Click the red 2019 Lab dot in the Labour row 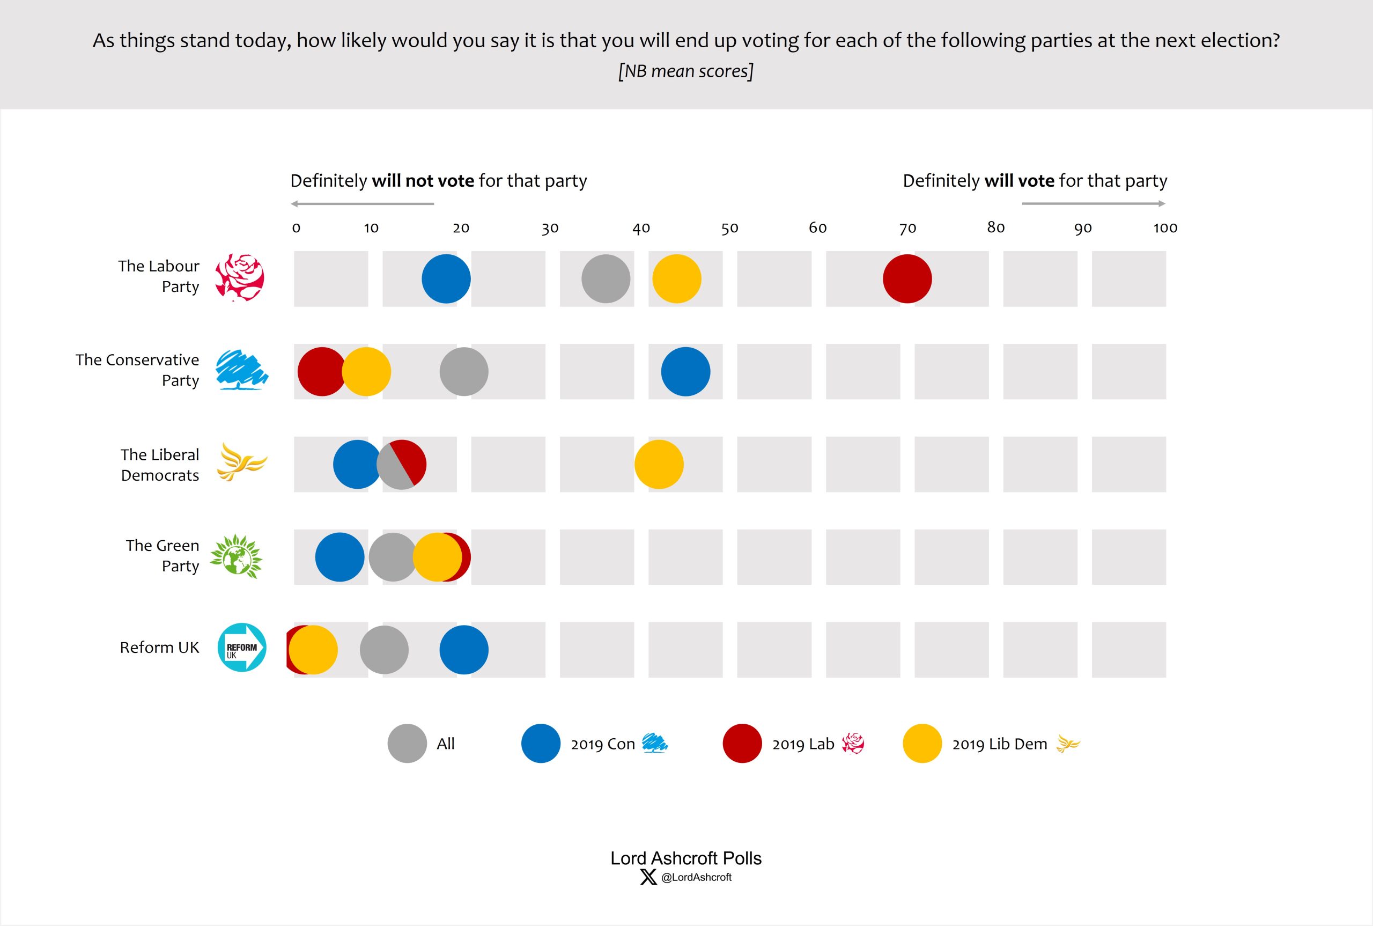pos(907,279)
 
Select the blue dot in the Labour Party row pos(446,279)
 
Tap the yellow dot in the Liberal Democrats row pos(659,464)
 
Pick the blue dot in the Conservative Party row pos(685,371)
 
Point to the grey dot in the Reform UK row pos(384,650)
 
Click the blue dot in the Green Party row pos(339,557)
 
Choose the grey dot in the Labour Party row pos(606,279)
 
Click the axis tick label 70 pos(907,228)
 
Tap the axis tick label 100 pos(1165,228)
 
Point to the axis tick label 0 pos(297,228)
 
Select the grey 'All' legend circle pos(407,744)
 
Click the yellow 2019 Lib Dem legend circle pos(922,744)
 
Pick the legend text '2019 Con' pos(603,744)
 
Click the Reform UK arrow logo pos(242,647)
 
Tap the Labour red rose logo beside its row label pos(240,277)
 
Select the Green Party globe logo pos(237,556)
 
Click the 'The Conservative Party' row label pos(137,370)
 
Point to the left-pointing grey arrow pos(363,204)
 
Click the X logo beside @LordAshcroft pos(648,877)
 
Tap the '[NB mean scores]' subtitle pos(686,71)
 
